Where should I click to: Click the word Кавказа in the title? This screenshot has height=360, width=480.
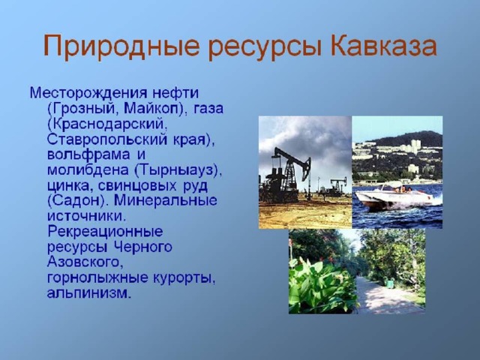click(x=383, y=46)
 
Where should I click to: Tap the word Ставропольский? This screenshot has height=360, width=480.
click(x=107, y=140)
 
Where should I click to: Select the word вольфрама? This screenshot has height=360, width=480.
click(x=88, y=155)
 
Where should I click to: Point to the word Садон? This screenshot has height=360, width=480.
click(x=77, y=201)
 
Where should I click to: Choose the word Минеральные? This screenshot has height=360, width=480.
click(x=166, y=201)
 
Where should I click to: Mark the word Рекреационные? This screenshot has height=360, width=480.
click(x=105, y=232)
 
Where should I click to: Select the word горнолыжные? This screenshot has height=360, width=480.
click(x=97, y=278)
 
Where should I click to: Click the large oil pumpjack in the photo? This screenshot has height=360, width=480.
click(x=288, y=175)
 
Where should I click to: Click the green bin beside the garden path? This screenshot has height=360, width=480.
click(x=389, y=283)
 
